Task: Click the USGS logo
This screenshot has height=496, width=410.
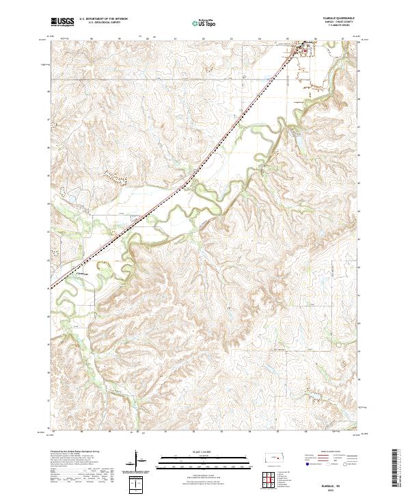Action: coord(62,23)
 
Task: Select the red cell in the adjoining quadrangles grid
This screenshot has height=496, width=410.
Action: coord(267,480)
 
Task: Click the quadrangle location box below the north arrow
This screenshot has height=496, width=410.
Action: coord(137,484)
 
